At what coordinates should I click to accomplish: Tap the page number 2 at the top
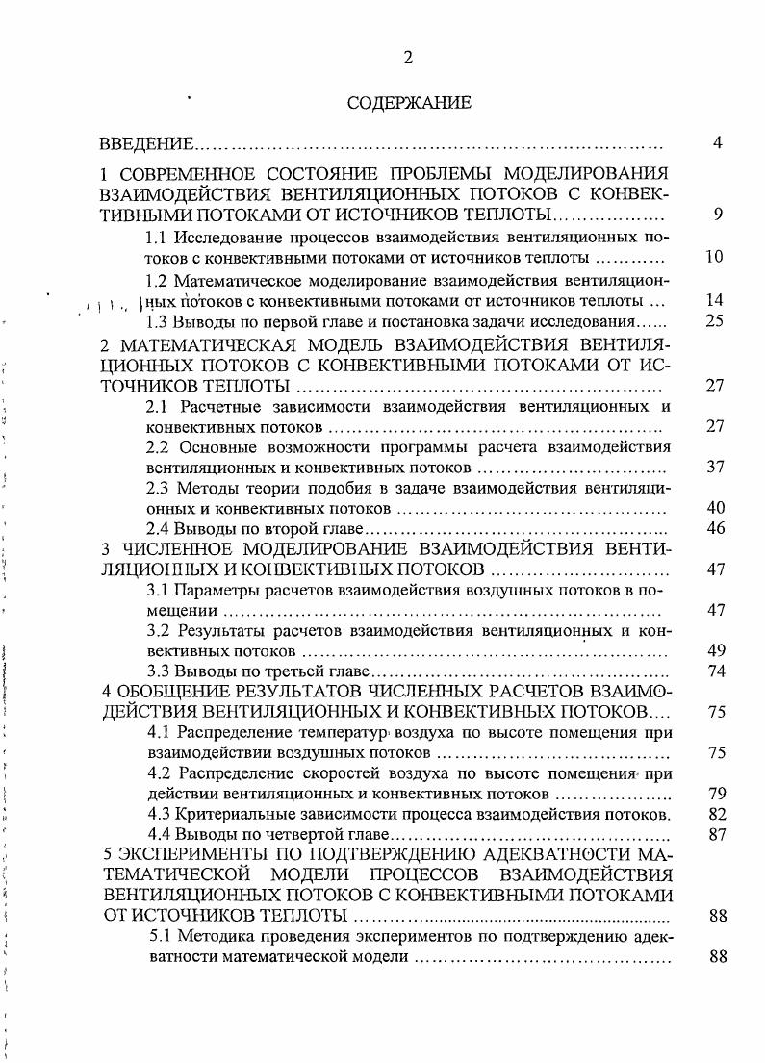pos(408,58)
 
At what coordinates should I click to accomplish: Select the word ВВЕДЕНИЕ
pos(147,144)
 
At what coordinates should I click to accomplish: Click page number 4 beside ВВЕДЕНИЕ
pos(717,143)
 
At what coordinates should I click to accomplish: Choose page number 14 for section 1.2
pos(715,300)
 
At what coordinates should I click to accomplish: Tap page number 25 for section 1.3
pos(715,320)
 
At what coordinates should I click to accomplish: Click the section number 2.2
pos(158,447)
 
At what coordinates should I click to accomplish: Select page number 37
pos(715,467)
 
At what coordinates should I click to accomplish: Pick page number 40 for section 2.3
pos(715,508)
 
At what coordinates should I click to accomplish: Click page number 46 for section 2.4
pos(715,528)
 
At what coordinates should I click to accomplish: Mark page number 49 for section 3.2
pos(715,651)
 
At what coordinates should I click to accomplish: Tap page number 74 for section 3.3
pos(715,671)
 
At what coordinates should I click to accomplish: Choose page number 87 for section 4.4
pos(715,834)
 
